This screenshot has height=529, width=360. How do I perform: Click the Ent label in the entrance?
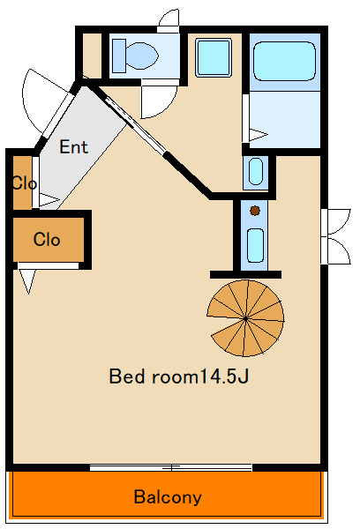point(73,146)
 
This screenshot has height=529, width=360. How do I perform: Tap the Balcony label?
point(168,497)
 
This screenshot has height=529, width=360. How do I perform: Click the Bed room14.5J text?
point(179,376)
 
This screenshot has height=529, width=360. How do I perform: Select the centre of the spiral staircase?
point(245,318)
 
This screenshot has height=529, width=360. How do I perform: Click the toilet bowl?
point(142,56)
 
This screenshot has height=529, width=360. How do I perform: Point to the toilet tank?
point(119,56)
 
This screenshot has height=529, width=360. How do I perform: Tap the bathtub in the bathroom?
point(284,61)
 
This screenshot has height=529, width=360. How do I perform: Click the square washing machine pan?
point(214,57)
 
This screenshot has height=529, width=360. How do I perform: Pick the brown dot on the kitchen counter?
point(255,211)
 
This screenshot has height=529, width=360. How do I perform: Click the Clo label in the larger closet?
point(47,240)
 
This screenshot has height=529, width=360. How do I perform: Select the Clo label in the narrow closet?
point(24,183)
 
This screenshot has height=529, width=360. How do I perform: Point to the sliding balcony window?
point(171,467)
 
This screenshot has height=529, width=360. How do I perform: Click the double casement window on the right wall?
point(336,236)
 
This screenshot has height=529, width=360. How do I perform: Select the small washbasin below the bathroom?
point(256,171)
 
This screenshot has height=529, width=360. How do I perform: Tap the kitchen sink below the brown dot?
point(255,245)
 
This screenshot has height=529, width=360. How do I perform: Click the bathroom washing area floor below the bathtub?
point(285,119)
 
